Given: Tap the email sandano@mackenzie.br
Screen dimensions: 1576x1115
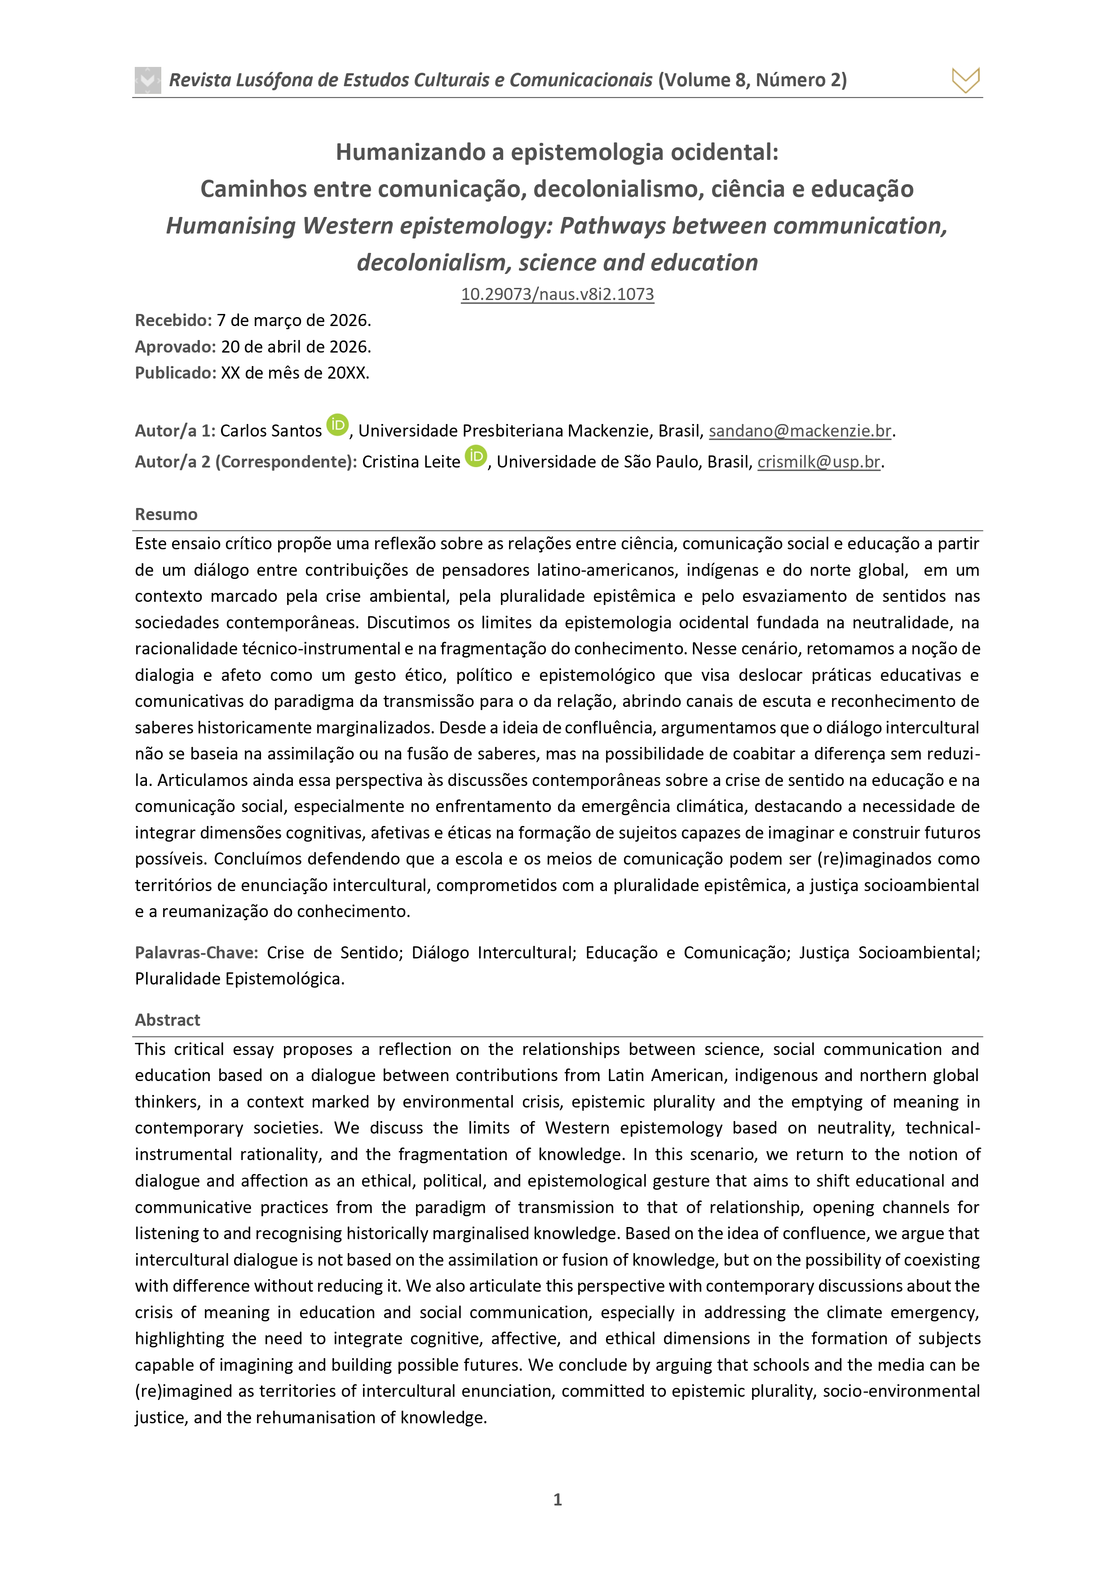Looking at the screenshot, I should coord(800,431).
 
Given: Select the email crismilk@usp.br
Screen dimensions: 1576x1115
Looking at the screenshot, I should coord(819,462).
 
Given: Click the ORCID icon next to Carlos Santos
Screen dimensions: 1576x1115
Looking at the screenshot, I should coord(337,426).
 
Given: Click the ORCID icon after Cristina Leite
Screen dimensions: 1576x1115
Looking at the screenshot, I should coord(476,456).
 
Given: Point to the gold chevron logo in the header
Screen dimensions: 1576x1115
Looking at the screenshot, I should coord(965,80).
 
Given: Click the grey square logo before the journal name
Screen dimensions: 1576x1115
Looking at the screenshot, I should coord(148,80).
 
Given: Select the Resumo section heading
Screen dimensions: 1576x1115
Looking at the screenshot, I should coord(166,514).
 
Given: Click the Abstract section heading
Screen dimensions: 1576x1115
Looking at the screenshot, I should coord(168,1020).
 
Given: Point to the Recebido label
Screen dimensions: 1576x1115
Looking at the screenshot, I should coord(173,321).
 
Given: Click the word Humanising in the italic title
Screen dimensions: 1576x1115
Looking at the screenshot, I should coord(231,226).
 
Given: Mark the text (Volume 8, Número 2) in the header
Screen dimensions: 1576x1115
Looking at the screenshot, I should coord(752,80).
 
